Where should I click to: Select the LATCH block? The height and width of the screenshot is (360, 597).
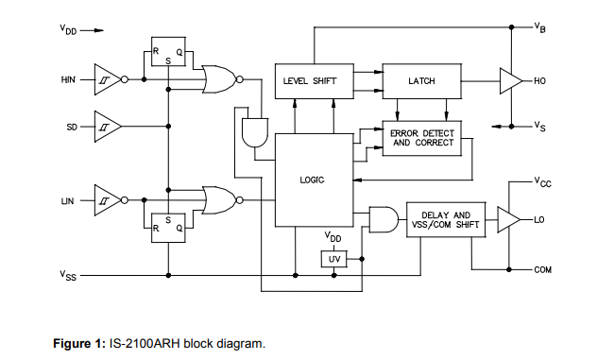[x=420, y=81]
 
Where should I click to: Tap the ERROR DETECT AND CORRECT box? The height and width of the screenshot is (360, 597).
[x=422, y=138]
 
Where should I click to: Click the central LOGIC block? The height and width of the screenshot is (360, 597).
[x=311, y=180]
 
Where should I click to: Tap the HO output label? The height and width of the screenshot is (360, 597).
[x=540, y=81]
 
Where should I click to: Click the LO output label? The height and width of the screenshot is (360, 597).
[x=539, y=221]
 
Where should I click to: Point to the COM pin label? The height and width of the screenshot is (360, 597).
[x=542, y=270]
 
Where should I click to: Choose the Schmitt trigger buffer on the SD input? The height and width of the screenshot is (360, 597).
[x=106, y=126]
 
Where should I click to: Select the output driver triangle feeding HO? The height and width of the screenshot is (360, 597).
[x=509, y=81]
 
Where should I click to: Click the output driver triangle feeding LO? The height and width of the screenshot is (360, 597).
[x=507, y=221]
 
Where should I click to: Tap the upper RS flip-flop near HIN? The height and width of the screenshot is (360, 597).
[x=167, y=56]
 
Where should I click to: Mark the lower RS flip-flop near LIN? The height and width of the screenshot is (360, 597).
[x=167, y=223]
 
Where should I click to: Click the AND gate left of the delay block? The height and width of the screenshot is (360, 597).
[x=383, y=220]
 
